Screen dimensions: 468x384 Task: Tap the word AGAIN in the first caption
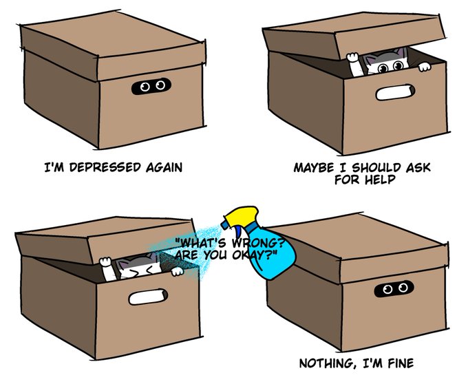tap(163, 167)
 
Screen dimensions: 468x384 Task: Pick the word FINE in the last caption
tap(398, 363)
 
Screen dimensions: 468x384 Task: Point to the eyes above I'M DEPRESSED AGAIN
tap(150, 87)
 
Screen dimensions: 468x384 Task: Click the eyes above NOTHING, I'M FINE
tap(394, 288)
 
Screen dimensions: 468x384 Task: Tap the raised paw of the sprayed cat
tap(105, 262)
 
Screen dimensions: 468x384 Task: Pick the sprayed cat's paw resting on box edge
tap(177, 271)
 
